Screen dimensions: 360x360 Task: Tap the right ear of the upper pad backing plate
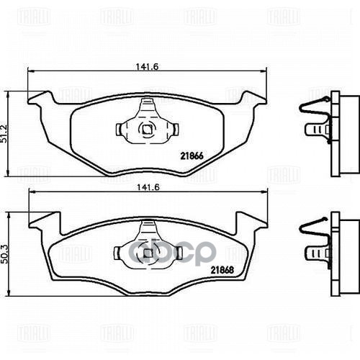coord(253,98)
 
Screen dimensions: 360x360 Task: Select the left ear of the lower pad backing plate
coord(42,218)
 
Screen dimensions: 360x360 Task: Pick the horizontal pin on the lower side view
coord(315,251)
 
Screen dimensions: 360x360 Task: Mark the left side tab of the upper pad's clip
coord(120,130)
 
